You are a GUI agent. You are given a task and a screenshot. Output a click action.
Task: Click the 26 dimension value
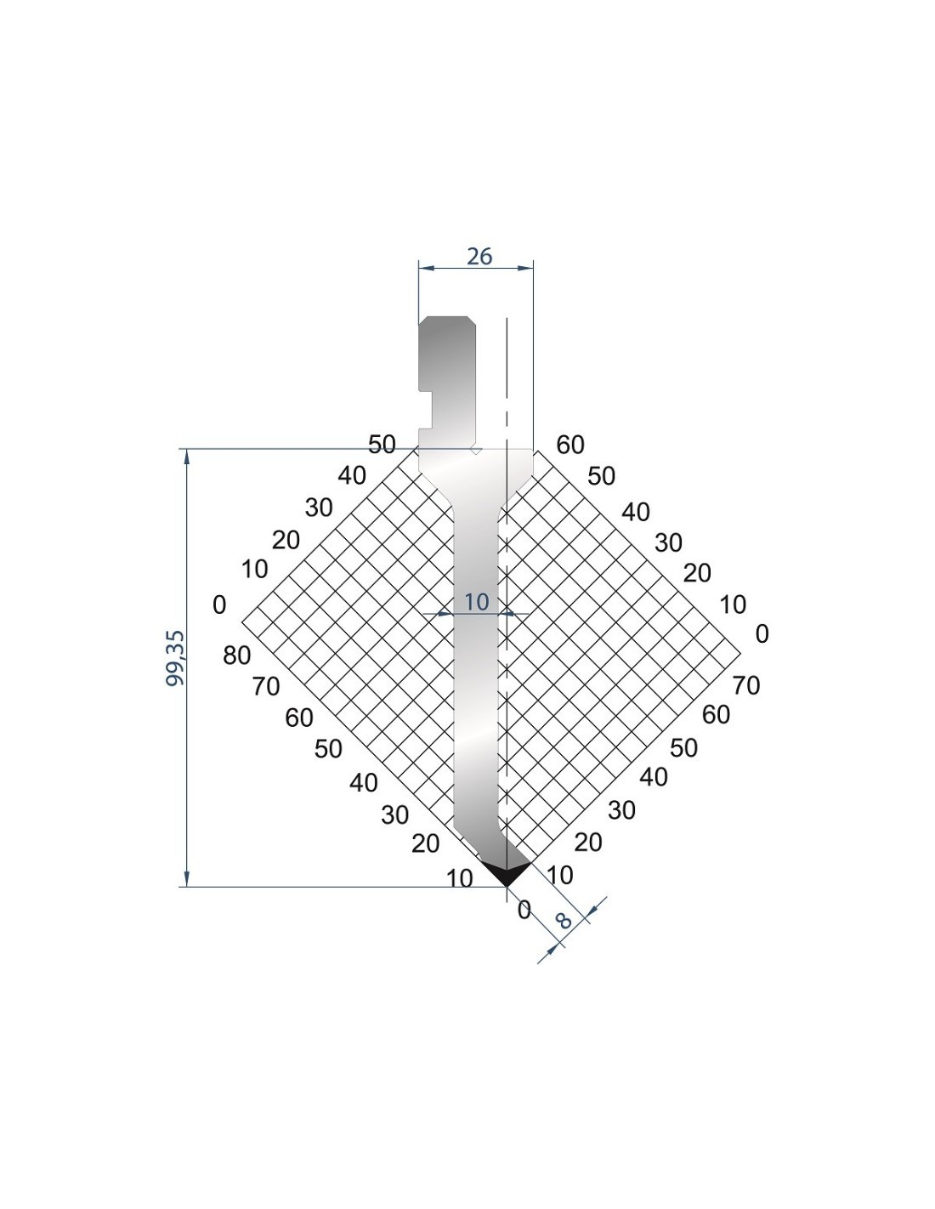point(479,257)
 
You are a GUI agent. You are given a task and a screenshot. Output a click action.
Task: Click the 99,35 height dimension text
point(175,658)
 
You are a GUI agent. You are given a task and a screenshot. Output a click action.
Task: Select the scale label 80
point(236,656)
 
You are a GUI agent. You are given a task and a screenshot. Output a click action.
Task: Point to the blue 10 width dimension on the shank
point(476,602)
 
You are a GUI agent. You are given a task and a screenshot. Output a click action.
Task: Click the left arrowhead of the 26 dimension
point(426,268)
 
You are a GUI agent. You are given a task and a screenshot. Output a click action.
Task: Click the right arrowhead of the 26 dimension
point(525,268)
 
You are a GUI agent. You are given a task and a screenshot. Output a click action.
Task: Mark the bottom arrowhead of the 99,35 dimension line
point(186,878)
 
